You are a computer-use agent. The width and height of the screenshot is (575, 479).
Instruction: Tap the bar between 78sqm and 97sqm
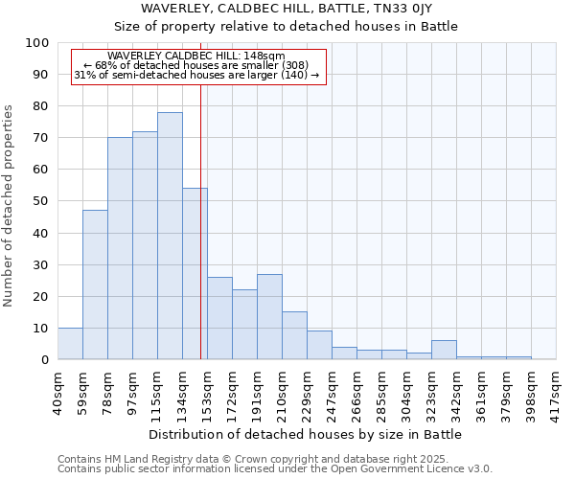pyautogui.click(x=120, y=248)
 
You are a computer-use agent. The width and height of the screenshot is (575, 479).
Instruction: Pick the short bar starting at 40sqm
pyautogui.click(x=70, y=344)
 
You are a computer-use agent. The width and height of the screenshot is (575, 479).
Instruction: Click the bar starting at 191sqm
pyautogui.click(x=269, y=317)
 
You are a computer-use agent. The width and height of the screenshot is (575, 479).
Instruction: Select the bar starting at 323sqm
pyautogui.click(x=444, y=351)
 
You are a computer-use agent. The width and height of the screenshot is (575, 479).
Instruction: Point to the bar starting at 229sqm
pyautogui.click(x=319, y=346)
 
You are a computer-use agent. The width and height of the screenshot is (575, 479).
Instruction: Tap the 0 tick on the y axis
pyautogui.click(x=45, y=360)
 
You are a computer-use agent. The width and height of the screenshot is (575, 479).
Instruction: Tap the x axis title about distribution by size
pyautogui.click(x=304, y=434)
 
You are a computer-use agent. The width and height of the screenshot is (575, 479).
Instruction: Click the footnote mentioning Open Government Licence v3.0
pyautogui.click(x=275, y=468)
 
